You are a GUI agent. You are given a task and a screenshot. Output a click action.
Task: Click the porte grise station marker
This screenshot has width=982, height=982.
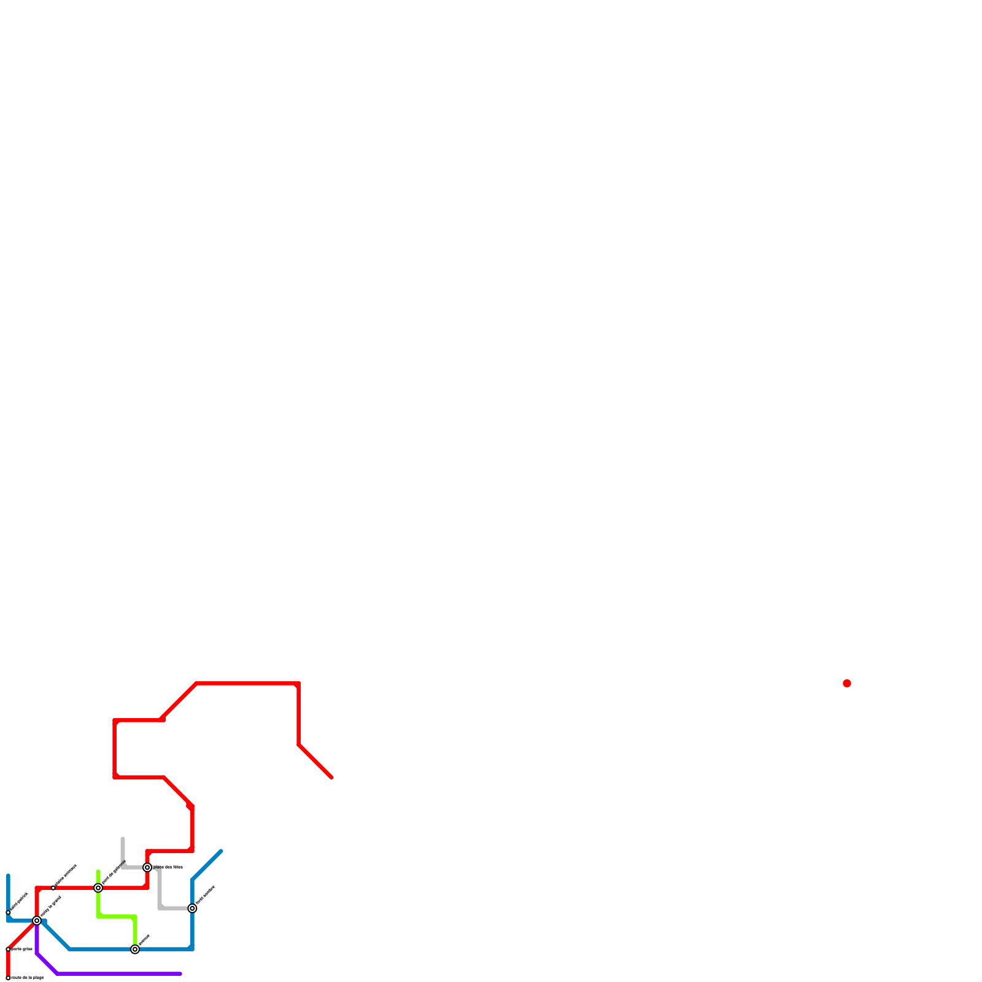point(8,949)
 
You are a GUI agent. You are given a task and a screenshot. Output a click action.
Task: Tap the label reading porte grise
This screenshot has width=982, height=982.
point(22,949)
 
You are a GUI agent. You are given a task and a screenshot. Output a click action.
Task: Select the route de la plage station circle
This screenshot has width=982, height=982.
point(8,978)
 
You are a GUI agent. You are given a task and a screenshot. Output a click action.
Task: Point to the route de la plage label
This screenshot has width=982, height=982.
point(28,978)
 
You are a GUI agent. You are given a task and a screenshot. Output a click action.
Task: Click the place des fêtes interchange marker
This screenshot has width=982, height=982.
point(147,867)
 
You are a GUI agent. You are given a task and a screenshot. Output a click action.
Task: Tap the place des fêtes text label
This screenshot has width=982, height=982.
point(168,867)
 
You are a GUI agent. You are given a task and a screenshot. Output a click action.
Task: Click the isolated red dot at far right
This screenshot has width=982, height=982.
point(847,683)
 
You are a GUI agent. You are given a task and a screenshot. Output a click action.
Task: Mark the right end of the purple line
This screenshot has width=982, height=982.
point(180,973)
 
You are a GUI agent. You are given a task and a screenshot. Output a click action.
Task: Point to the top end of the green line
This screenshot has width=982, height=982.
point(98,872)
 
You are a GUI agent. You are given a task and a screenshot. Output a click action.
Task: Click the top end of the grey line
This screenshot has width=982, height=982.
point(123,839)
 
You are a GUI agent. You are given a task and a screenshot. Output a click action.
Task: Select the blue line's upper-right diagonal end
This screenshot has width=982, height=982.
point(221,851)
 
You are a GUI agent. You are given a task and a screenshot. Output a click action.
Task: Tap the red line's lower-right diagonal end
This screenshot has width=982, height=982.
point(331,778)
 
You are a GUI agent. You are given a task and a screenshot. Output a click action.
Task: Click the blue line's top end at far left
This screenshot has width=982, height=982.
point(8,875)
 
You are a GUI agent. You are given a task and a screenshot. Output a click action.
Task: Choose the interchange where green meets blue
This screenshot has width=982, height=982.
point(135,949)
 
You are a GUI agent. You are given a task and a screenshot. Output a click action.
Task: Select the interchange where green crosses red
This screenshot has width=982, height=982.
point(98,888)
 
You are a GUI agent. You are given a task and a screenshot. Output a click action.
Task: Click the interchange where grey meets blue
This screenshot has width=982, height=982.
point(192,908)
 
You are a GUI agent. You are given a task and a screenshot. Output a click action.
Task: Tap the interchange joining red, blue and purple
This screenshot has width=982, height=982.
point(37,921)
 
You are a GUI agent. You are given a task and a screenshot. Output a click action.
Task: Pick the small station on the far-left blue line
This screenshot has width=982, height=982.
point(8,913)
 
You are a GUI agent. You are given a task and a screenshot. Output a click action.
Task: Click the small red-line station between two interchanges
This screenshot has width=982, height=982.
point(53,888)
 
